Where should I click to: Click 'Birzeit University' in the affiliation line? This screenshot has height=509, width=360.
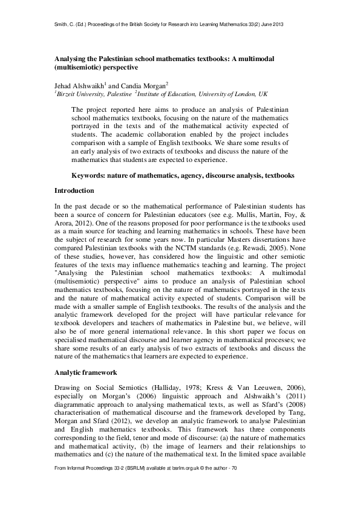tap(80, 95)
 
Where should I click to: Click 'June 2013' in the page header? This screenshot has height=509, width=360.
tap(271, 24)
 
